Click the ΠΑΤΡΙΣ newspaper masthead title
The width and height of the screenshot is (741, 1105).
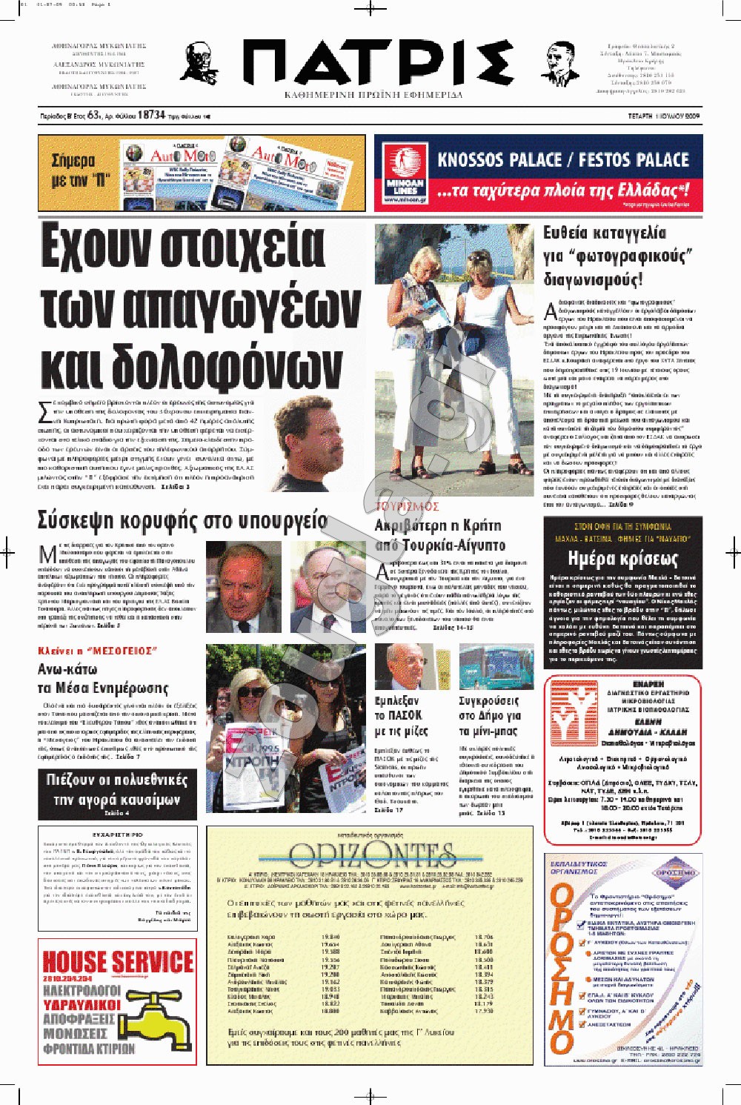pyautogui.click(x=378, y=63)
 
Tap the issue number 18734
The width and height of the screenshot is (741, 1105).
pyautogui.click(x=151, y=115)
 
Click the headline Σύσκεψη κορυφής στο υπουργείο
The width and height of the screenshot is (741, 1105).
pyautogui.click(x=182, y=520)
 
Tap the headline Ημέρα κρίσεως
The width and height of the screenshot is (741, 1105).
pyautogui.click(x=622, y=558)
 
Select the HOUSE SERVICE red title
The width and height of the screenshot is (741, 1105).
pyautogui.click(x=118, y=961)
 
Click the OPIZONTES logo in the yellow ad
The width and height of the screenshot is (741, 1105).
pyautogui.click(x=370, y=856)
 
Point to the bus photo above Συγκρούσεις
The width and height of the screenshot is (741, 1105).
pyautogui.click(x=496, y=667)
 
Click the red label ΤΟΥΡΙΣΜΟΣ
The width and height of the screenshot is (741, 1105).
pyautogui.click(x=407, y=507)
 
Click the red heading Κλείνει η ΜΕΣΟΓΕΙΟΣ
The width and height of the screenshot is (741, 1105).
pyautogui.click(x=97, y=651)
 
